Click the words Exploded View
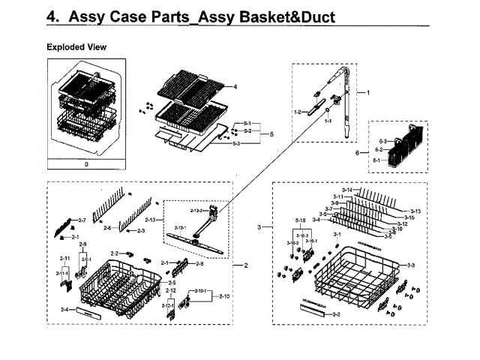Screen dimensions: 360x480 (x=76, y=47)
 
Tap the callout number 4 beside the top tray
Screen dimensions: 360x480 (x=235, y=87)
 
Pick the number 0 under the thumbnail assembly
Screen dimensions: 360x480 (x=86, y=163)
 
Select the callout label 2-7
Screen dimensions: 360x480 (x=82, y=220)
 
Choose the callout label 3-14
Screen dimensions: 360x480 (x=346, y=190)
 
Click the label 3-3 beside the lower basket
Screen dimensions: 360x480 (x=410, y=266)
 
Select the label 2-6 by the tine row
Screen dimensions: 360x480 (x=106, y=227)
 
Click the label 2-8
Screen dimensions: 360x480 (x=199, y=264)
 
